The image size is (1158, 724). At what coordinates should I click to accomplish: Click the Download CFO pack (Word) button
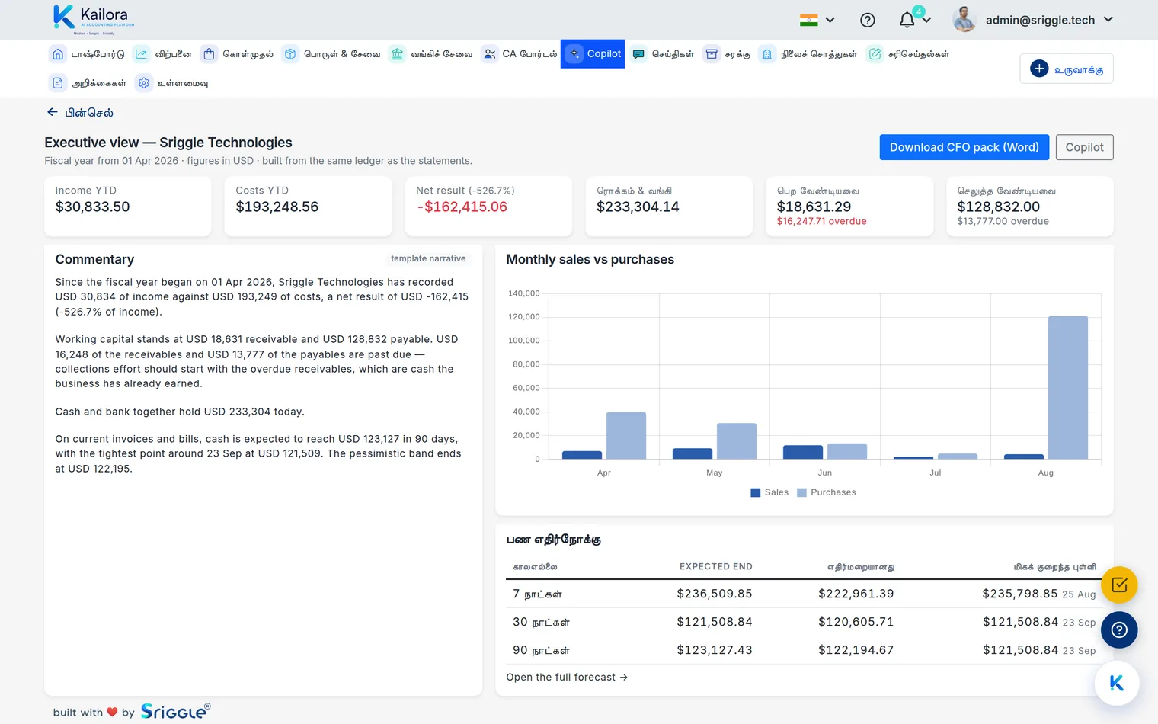(x=964, y=147)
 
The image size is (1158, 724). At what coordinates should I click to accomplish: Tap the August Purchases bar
(x=1067, y=387)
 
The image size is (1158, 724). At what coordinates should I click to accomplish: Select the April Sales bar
(x=581, y=455)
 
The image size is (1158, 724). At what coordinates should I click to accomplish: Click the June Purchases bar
(x=847, y=451)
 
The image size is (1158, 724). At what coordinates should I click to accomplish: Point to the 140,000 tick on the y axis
(x=523, y=293)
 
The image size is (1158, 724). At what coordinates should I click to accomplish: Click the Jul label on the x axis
(x=936, y=473)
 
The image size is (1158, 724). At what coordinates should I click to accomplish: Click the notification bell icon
(x=907, y=20)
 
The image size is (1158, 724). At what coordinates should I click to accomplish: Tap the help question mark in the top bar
(x=868, y=20)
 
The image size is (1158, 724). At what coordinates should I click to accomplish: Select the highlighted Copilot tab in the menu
(x=593, y=54)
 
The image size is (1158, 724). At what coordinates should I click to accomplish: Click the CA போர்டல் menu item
(x=519, y=54)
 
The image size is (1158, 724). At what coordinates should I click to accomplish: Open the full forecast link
(x=567, y=677)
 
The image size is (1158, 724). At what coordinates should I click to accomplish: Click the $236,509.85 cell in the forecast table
(x=715, y=594)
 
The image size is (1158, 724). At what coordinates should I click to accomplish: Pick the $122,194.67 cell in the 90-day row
(x=856, y=650)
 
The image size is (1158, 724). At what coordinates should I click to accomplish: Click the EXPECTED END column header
(x=716, y=566)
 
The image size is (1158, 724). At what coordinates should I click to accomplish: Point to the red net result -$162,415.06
(x=462, y=207)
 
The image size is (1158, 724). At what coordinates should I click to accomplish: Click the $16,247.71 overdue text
(x=821, y=221)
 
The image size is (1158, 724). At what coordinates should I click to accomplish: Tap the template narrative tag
(x=428, y=258)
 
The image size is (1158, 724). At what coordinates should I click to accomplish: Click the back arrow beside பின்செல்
(x=53, y=112)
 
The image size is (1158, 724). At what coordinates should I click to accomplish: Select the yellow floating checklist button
(x=1118, y=585)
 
